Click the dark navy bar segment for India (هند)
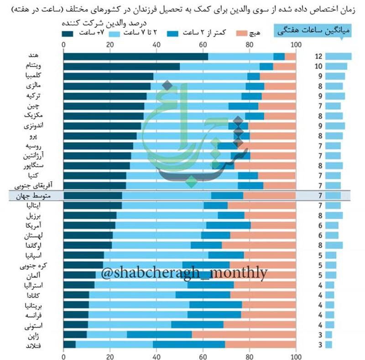point(136,57)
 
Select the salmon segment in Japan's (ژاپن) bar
point(244,334)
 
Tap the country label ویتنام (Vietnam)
point(33,66)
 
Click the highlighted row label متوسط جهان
point(33,196)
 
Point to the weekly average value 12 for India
point(318,57)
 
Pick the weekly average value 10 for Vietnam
point(318,66)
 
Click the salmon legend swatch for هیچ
point(242,33)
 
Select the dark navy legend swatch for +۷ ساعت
point(68,34)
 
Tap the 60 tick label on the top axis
point(203,45)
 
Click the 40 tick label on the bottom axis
point(156,356)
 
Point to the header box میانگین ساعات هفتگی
point(313,30)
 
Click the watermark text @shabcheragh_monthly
point(184,273)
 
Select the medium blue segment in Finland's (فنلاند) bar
point(189,344)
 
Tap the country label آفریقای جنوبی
point(33,186)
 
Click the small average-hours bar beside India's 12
point(339,57)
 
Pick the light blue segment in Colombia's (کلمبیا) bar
point(200,76)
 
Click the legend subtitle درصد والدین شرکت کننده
point(104,23)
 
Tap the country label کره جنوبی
point(33,266)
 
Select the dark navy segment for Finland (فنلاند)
point(69,344)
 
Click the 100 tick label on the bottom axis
point(296,356)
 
